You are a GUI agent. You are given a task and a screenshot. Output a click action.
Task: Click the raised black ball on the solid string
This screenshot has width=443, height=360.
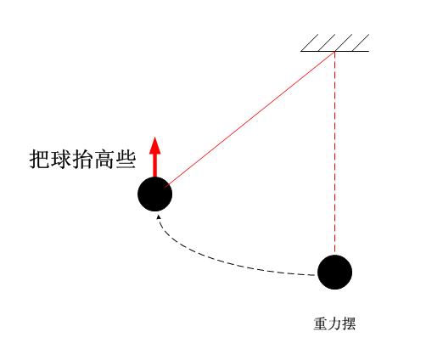155,194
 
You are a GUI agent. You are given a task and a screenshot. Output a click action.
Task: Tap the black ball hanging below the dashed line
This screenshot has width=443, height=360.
335,272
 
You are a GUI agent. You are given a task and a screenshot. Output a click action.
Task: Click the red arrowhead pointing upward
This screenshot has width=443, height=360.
155,145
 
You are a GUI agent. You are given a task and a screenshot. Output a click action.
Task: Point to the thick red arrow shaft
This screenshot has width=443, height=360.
155,166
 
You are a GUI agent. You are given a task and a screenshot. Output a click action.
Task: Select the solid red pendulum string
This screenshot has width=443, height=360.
250,119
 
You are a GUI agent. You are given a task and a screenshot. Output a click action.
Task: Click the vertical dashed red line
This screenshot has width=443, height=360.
335,153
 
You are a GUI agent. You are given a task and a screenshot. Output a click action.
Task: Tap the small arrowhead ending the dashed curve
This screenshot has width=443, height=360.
159,217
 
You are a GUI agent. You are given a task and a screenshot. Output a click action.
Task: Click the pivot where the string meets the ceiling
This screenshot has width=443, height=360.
335,51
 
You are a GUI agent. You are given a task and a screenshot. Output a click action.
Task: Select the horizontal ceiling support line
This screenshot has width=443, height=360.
335,51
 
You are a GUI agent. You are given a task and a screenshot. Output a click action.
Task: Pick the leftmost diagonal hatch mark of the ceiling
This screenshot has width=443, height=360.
310,42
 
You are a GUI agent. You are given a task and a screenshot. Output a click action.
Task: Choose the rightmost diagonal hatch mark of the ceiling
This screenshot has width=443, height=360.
361,42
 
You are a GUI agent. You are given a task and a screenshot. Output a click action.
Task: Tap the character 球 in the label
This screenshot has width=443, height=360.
61,160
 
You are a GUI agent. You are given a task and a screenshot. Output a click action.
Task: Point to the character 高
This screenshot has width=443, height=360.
104,160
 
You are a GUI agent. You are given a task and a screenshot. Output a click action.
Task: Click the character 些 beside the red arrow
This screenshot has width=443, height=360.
126,160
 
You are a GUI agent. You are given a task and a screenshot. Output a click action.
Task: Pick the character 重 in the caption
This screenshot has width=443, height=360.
321,323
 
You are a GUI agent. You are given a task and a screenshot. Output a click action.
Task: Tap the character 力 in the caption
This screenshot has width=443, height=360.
334,323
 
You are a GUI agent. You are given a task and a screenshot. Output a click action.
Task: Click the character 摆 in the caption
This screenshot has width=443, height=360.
349,323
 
